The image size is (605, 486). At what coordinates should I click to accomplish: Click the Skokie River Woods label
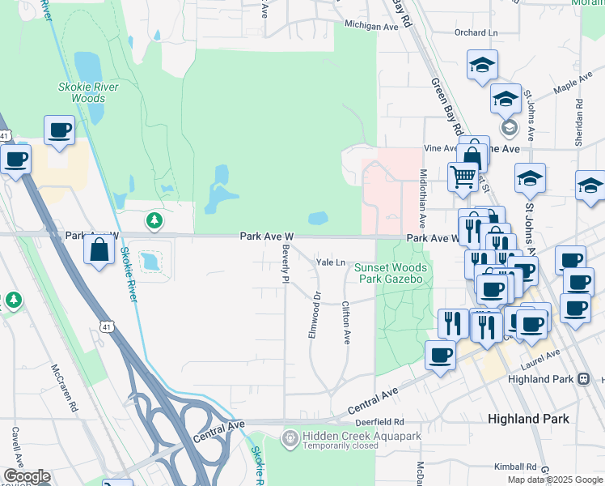point(88,92)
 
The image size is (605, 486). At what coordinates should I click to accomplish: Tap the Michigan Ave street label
point(372,26)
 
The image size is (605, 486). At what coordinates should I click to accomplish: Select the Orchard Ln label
point(476,33)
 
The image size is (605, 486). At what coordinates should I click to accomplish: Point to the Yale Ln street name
point(331,262)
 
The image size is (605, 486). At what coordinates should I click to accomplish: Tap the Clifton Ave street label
point(346,322)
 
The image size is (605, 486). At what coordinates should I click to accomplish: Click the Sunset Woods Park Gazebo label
point(390,273)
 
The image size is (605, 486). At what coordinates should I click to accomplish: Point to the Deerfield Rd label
point(379,422)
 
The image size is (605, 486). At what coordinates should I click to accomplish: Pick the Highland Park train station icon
point(583,379)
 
